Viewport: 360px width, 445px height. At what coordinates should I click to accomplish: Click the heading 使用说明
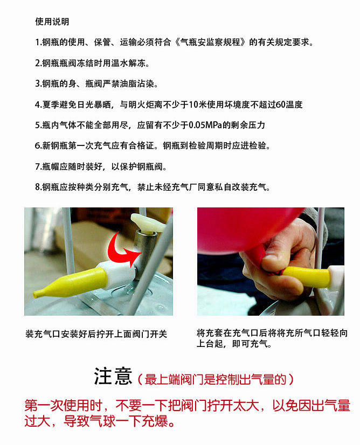click(x=52, y=22)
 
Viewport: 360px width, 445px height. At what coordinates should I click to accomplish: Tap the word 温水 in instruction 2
click(x=120, y=63)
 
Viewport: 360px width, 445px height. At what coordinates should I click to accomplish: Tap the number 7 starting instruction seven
click(x=38, y=166)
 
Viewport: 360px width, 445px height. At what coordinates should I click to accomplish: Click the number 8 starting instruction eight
click(x=38, y=187)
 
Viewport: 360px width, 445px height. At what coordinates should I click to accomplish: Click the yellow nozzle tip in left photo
click(x=37, y=294)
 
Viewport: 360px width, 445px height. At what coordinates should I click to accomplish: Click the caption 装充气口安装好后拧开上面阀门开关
click(x=96, y=334)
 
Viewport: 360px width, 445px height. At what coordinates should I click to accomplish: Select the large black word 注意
click(x=113, y=377)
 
